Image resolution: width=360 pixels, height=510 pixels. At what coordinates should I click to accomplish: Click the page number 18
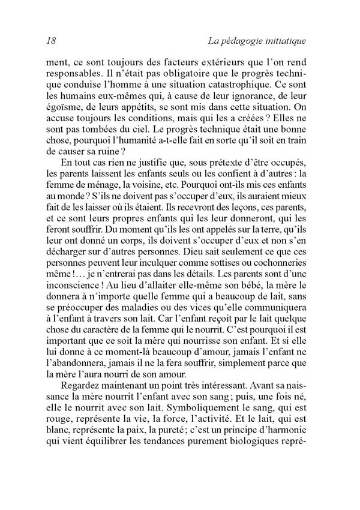pos(50,41)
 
